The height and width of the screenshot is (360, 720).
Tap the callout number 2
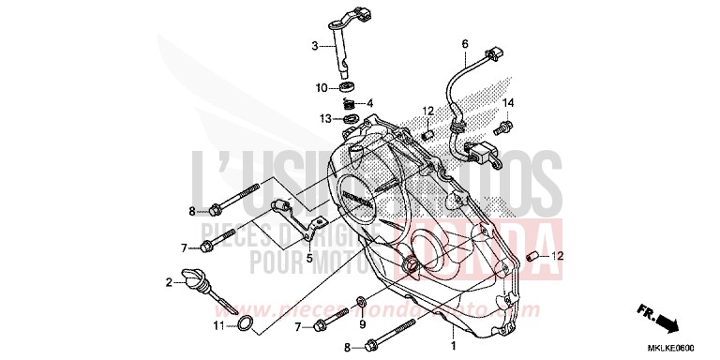[170, 282]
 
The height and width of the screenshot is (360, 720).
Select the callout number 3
[315, 45]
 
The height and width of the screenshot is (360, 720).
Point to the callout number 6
[463, 44]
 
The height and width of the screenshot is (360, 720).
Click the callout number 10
[321, 87]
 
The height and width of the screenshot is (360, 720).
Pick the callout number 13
[324, 119]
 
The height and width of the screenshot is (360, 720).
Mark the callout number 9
[361, 324]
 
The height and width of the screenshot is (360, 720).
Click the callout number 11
[217, 326]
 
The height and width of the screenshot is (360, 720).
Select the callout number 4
[370, 103]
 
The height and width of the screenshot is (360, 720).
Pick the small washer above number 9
[362, 303]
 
